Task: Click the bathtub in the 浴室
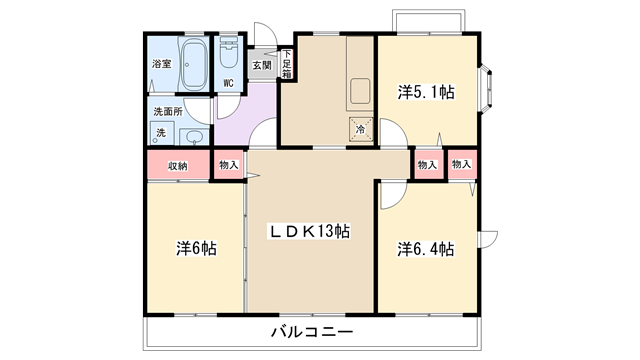193,64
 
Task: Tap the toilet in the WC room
229,52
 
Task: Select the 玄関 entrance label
262,65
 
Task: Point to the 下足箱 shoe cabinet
287,64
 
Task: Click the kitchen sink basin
360,91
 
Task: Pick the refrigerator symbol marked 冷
361,129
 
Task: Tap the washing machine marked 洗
162,133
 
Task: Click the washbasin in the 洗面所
194,137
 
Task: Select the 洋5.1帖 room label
426,92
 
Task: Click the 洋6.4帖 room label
426,249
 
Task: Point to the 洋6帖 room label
196,248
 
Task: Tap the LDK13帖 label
309,231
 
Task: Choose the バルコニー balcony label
312,331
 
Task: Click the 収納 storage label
178,166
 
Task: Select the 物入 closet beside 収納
229,165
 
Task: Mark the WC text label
229,83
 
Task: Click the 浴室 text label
162,64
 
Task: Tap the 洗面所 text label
168,111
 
